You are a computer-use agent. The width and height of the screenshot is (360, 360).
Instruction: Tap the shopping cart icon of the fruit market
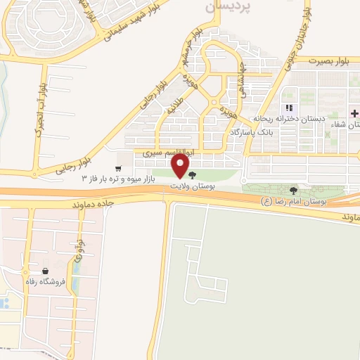click(118, 168)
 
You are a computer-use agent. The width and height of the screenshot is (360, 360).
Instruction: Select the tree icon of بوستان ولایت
click(193, 175)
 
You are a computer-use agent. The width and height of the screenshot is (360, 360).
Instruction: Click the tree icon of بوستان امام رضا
click(293, 190)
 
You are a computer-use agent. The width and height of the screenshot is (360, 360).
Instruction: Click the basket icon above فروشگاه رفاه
click(46, 271)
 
